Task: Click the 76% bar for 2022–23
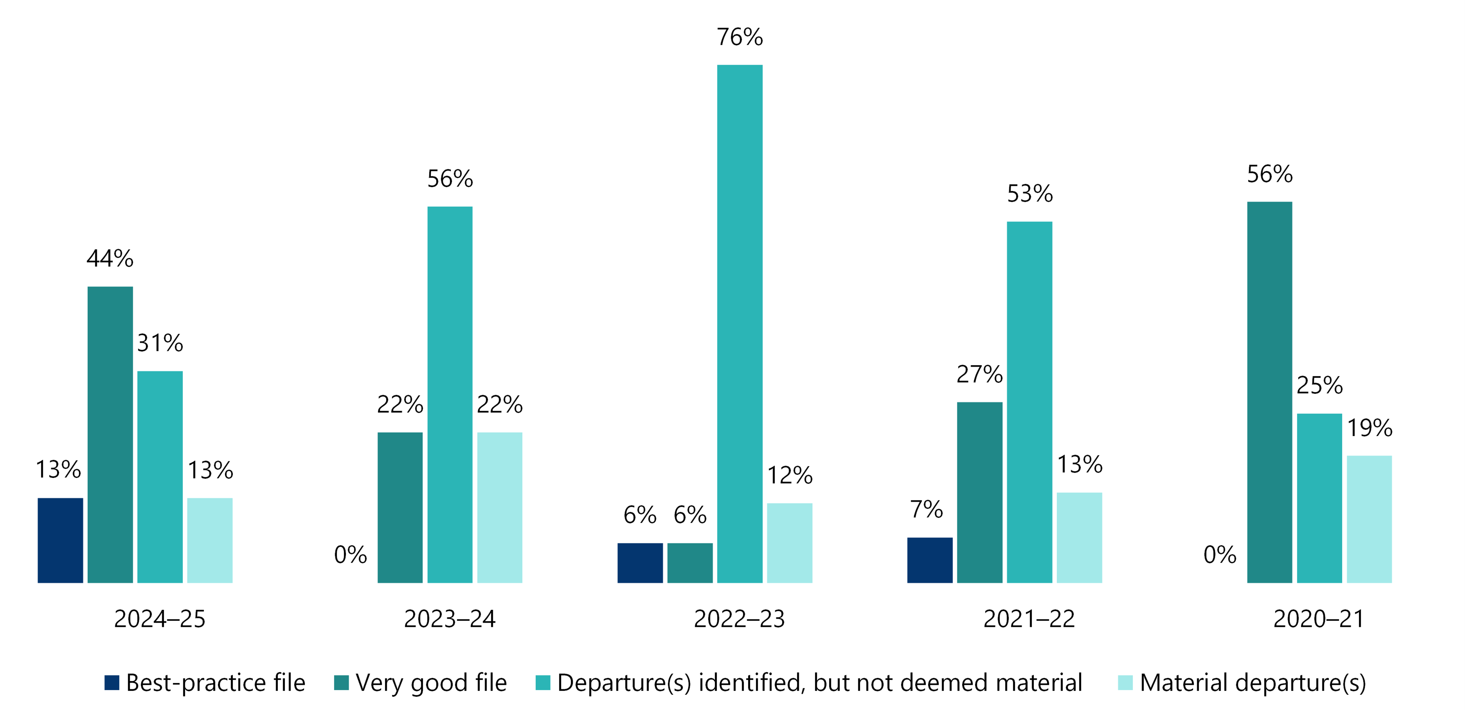coord(739,324)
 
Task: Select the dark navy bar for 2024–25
coord(60,540)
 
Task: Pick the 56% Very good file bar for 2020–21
coord(1270,393)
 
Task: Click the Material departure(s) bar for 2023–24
coord(499,507)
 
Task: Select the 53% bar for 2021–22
coord(1029,402)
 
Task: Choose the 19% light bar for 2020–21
coord(1369,519)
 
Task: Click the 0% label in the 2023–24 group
coord(350,555)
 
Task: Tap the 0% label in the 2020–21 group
coord(1220,555)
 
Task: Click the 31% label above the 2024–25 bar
coord(160,343)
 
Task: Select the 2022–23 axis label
coord(739,619)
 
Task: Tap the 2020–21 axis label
coord(1319,619)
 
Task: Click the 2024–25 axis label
coord(160,619)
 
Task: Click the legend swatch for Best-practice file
coord(112,683)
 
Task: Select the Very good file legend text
coord(431,683)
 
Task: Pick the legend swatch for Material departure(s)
coord(1125,683)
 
